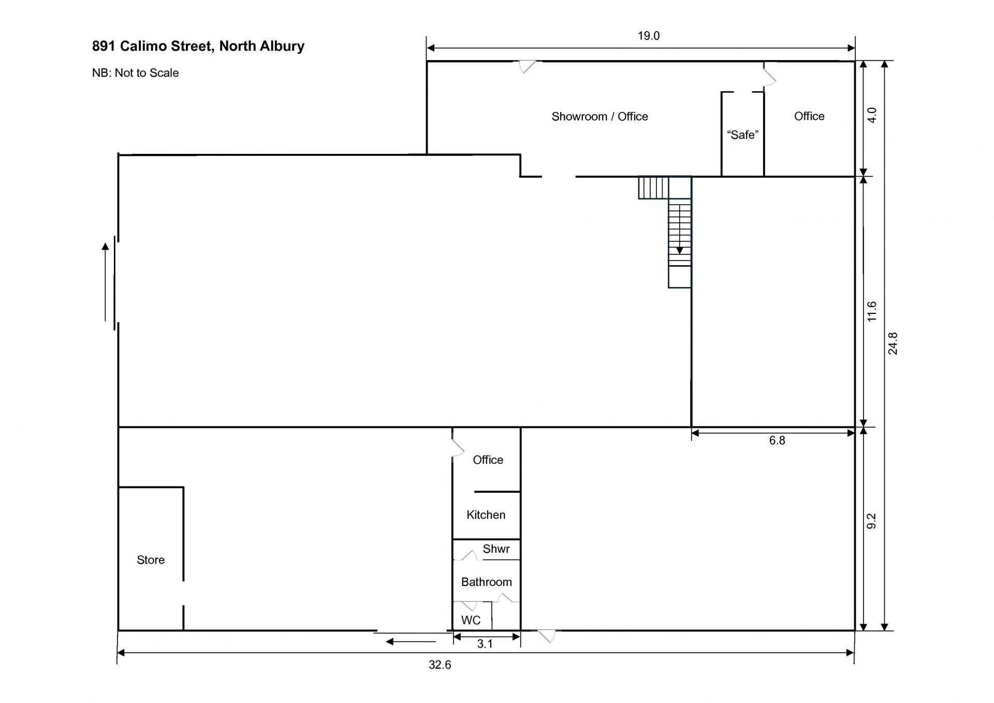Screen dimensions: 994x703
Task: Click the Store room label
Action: [151, 560]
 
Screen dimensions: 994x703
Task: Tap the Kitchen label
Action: [486, 515]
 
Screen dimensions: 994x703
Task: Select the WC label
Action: [471, 621]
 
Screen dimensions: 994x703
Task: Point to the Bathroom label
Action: [487, 582]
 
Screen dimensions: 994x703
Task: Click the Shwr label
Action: [496, 549]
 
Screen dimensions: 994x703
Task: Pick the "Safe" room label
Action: [742, 135]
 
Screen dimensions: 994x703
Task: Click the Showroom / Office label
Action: [600, 117]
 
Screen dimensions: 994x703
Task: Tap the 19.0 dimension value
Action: [649, 36]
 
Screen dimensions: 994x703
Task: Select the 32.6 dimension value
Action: [440, 665]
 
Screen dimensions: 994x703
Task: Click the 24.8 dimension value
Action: [893, 343]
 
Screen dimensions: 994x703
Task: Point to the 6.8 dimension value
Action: [777, 440]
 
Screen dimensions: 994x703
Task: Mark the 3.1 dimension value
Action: [485, 644]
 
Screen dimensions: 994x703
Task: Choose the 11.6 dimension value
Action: [872, 311]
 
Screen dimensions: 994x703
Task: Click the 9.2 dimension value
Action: [871, 521]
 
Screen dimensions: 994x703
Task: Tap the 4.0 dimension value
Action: [872, 115]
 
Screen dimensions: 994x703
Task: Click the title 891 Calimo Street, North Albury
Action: [198, 46]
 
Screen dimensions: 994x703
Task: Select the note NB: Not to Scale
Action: [135, 73]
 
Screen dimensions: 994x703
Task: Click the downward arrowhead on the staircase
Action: [679, 251]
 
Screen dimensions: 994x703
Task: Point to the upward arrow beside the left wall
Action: [105, 282]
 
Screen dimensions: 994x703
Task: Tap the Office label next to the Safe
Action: [809, 116]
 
